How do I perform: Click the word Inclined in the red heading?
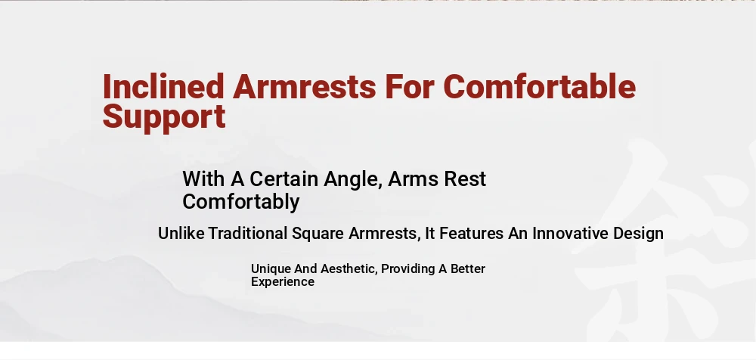tap(163, 86)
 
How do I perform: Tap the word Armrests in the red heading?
tap(304, 86)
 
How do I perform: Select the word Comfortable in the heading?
tap(540, 86)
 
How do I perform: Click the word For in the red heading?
tap(410, 86)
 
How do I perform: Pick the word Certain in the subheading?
tap(284, 179)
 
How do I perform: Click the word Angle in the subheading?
tap(352, 180)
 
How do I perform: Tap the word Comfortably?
tap(241, 202)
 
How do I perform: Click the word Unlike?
tap(181, 234)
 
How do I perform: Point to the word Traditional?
tap(247, 234)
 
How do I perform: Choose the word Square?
tap(318, 234)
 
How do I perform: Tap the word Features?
tap(471, 234)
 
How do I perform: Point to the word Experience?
tap(283, 282)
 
